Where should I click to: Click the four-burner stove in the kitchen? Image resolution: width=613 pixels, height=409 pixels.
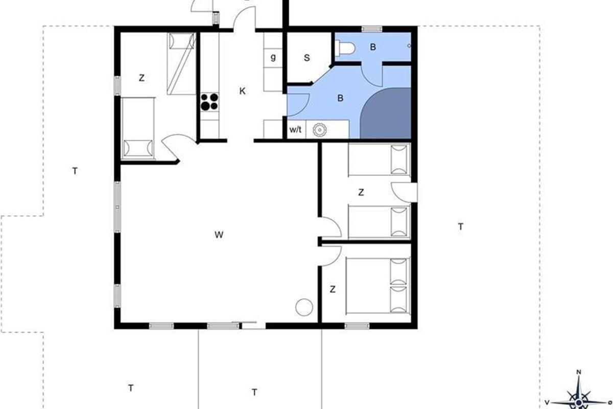point(209,102)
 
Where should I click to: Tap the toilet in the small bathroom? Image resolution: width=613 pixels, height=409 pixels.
point(345,48)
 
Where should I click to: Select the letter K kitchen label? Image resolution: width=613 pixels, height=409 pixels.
point(243,91)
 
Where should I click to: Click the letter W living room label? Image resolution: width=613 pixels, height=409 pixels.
point(219,235)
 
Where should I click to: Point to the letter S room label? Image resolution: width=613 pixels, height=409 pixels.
point(307,58)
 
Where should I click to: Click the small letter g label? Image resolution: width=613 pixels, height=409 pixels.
point(273,58)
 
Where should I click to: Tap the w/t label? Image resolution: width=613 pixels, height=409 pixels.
point(296,129)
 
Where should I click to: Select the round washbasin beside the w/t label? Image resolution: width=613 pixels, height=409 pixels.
point(319,130)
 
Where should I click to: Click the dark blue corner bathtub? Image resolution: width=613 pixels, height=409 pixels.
point(385,113)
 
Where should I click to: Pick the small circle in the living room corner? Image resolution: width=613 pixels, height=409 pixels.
point(304,307)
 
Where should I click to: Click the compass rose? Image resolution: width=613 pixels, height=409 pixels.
point(578,395)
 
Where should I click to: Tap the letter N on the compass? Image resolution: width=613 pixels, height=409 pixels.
point(579,372)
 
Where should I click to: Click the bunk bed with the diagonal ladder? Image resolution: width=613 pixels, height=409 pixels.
point(182,64)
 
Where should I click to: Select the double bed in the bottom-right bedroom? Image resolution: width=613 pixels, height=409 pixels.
point(378,285)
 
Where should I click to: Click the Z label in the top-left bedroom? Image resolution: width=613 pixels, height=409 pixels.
point(142,78)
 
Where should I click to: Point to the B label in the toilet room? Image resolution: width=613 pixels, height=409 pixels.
point(373,47)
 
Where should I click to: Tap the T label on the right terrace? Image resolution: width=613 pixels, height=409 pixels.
point(461,227)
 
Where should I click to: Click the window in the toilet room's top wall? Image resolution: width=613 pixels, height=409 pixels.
point(372,29)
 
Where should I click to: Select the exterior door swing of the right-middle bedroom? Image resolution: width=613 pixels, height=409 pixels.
point(404,192)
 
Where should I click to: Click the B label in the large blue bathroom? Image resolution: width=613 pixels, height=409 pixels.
point(340,98)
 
